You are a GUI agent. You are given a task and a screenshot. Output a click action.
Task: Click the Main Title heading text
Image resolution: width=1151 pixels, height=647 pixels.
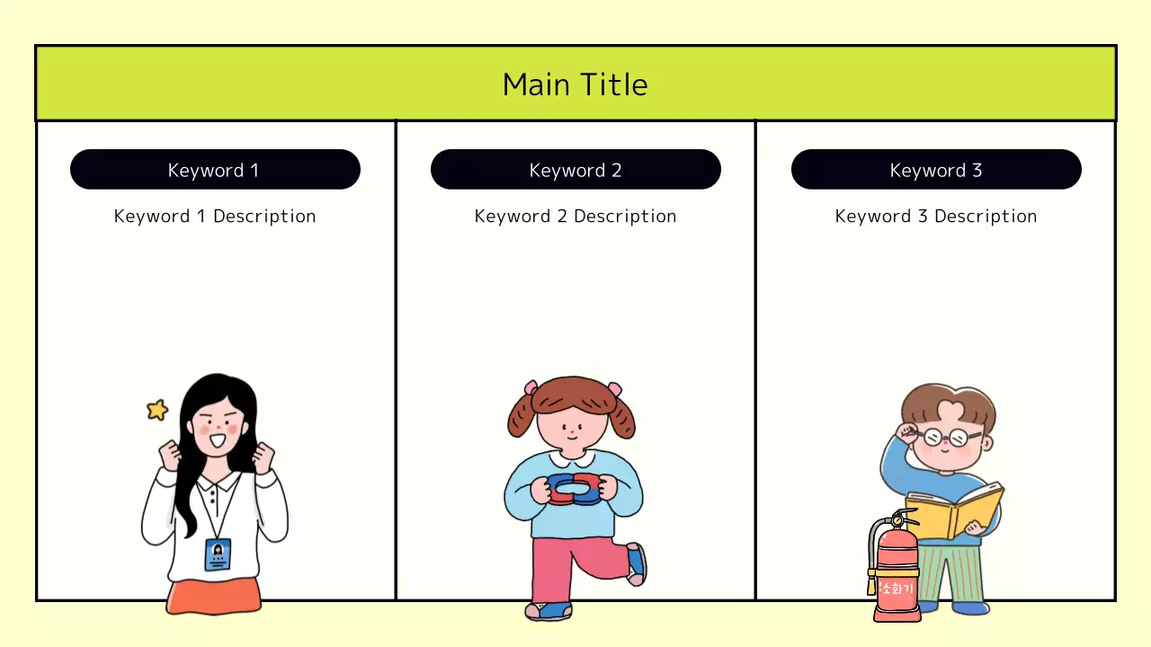pyautogui.click(x=575, y=84)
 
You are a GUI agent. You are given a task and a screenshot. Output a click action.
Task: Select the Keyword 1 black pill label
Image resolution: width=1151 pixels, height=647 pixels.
pyautogui.click(x=215, y=170)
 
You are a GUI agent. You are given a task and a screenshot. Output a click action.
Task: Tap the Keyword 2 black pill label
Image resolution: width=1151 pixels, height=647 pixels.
pyautogui.click(x=575, y=170)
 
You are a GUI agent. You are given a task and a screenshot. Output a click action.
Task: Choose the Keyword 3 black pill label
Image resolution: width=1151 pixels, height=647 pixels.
pyautogui.click(x=936, y=170)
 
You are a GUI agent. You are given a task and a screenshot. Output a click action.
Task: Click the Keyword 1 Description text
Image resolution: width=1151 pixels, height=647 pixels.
pyautogui.click(x=215, y=217)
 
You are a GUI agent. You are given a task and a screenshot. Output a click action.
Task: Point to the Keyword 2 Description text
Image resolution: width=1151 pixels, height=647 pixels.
pyautogui.click(x=575, y=217)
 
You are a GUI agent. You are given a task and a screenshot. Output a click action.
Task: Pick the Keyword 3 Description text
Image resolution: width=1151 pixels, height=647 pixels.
pyautogui.click(x=936, y=217)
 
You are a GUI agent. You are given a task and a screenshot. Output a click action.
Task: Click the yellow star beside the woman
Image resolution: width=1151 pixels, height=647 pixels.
pyautogui.click(x=157, y=410)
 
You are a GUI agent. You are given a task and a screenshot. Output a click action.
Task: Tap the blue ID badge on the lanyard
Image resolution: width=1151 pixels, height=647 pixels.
pyautogui.click(x=218, y=554)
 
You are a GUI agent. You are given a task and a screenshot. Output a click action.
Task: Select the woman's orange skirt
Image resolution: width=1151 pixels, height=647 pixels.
pyautogui.click(x=214, y=596)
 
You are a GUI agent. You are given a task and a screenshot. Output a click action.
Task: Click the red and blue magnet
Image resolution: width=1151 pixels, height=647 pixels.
pyautogui.click(x=575, y=489)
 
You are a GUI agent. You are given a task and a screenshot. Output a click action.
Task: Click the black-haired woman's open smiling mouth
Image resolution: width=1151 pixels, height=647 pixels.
pyautogui.click(x=216, y=440)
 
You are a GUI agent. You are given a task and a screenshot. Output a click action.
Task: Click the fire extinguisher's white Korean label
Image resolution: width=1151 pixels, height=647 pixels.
pyautogui.click(x=897, y=589)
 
